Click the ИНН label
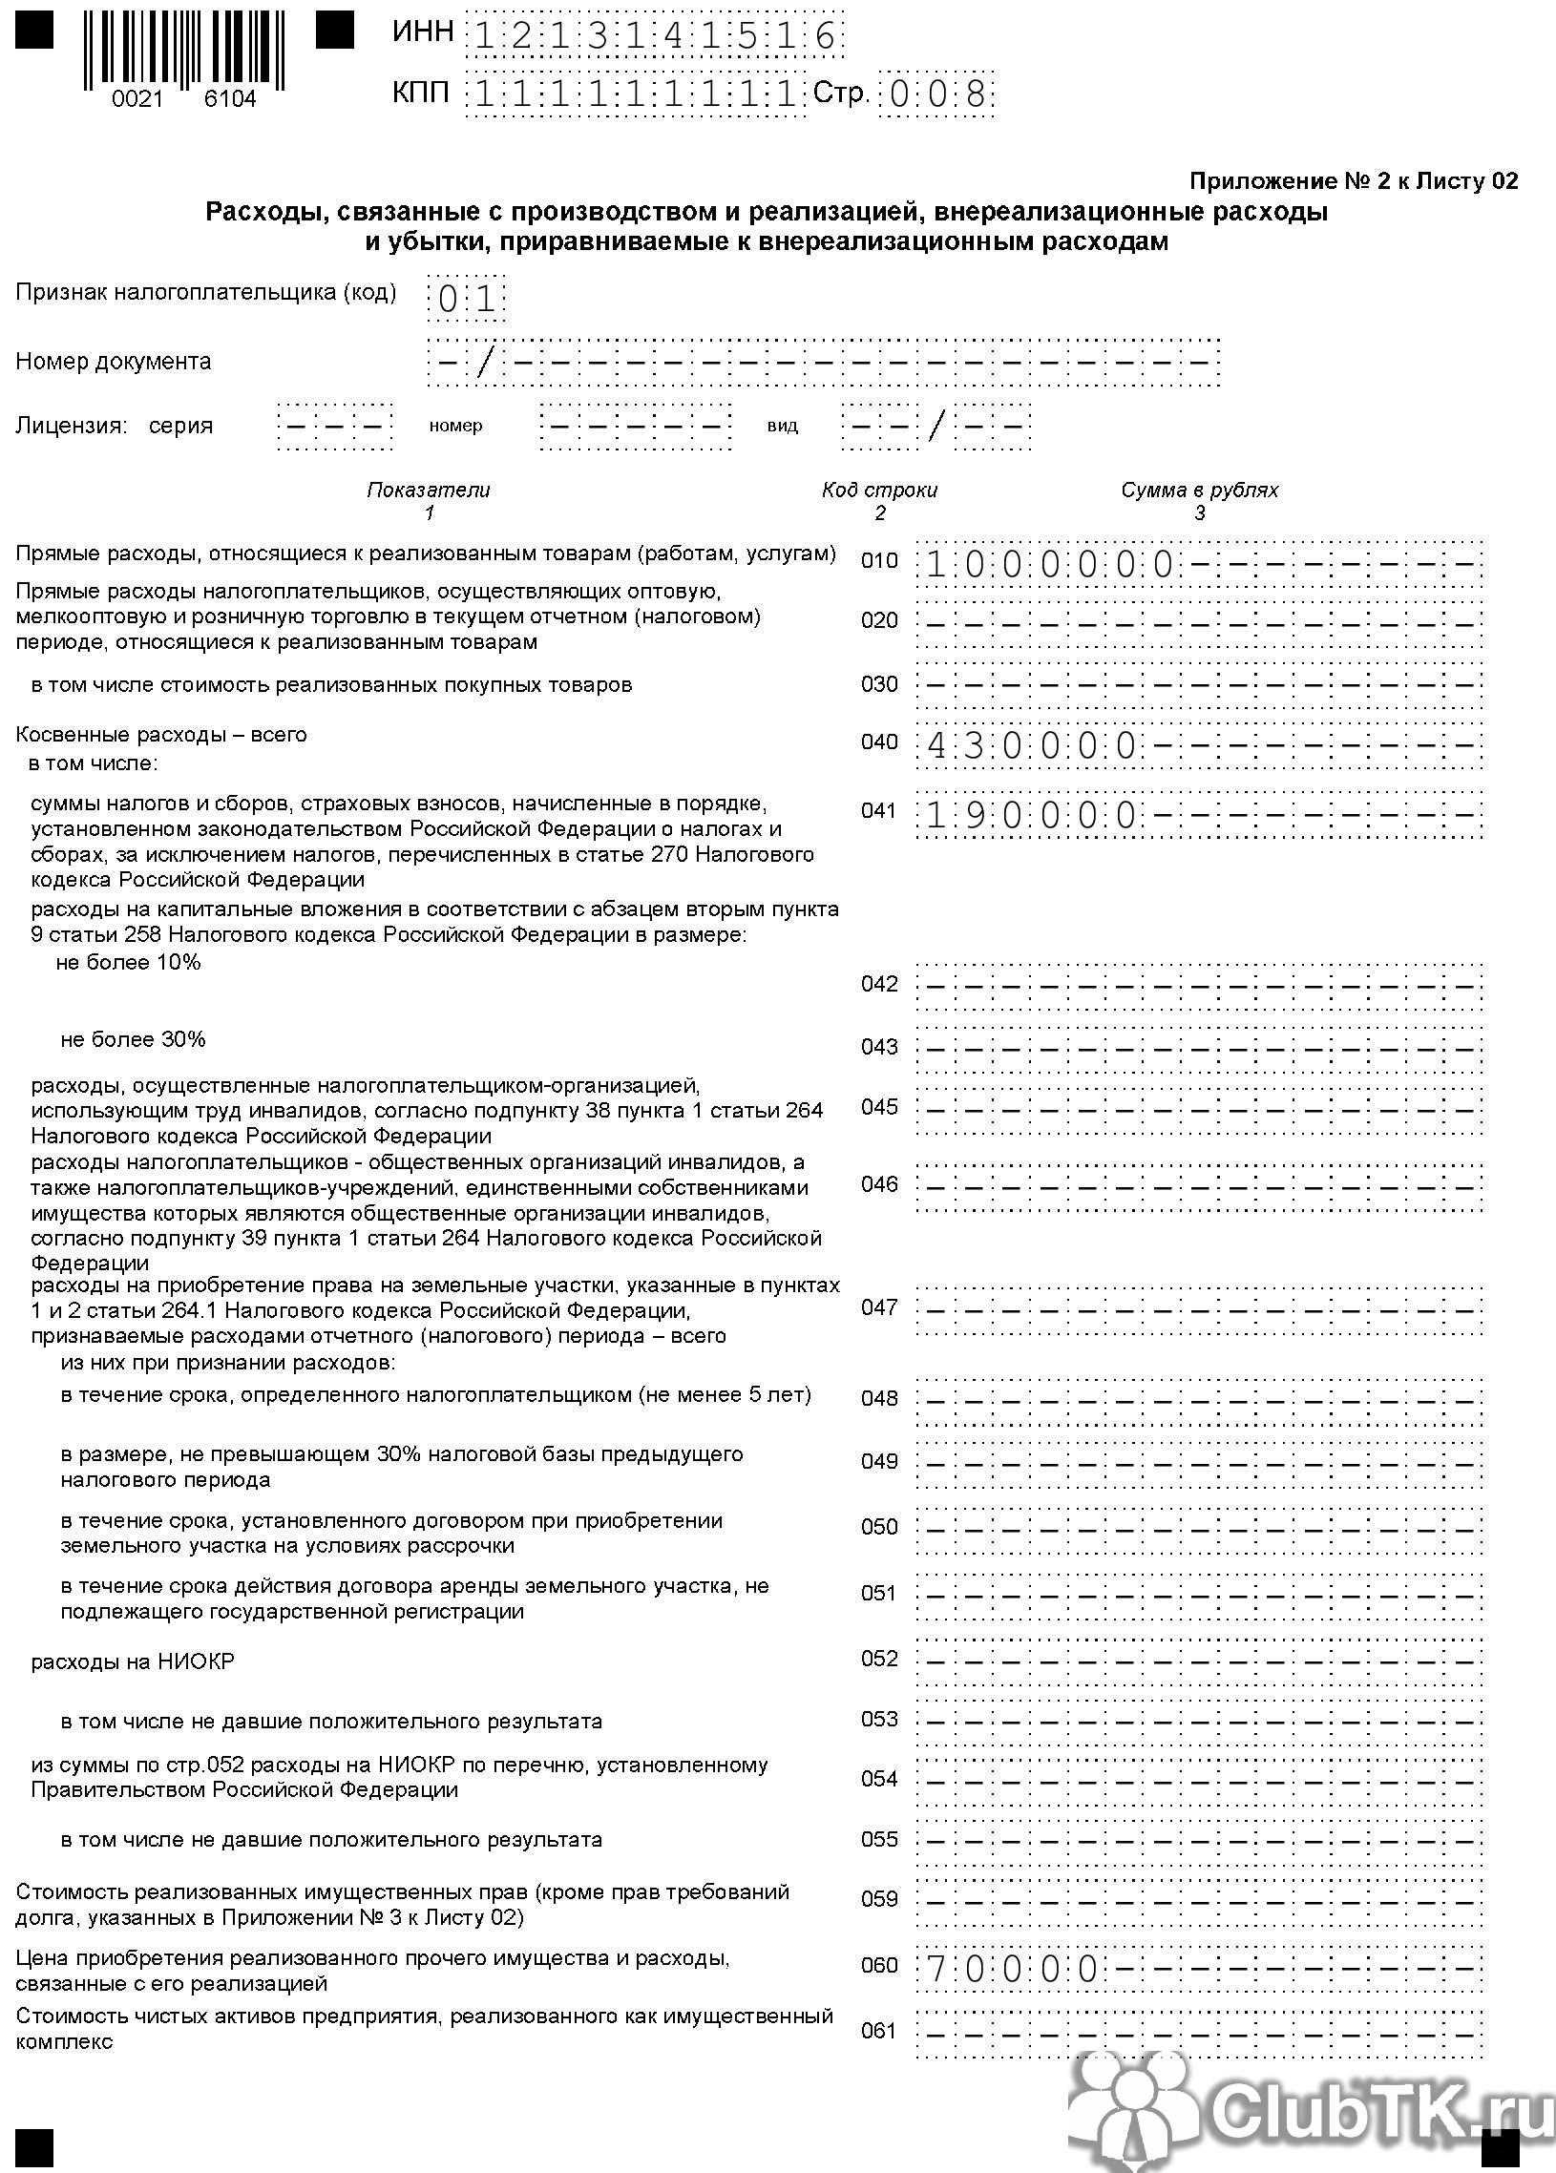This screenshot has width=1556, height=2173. coord(423,32)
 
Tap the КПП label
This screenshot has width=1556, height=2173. coord(421,94)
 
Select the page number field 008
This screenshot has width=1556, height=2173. coord(936,94)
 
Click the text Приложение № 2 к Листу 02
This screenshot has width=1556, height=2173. coord(1353,181)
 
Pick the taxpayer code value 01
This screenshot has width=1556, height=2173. coord(467,300)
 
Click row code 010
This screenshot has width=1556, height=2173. coord(878,561)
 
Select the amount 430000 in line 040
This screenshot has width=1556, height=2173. coord(1031,745)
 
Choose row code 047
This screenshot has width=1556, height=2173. coord(878,1307)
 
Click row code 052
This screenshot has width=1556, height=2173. coord(878,1659)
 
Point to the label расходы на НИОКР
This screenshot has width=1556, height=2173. coord(133,1661)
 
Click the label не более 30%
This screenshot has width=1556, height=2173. coord(133,1039)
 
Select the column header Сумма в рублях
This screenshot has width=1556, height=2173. coord(1200,491)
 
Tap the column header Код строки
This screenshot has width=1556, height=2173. coord(878,491)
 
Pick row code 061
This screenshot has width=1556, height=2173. coord(878,2030)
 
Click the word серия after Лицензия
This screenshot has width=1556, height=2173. coord(180,426)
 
